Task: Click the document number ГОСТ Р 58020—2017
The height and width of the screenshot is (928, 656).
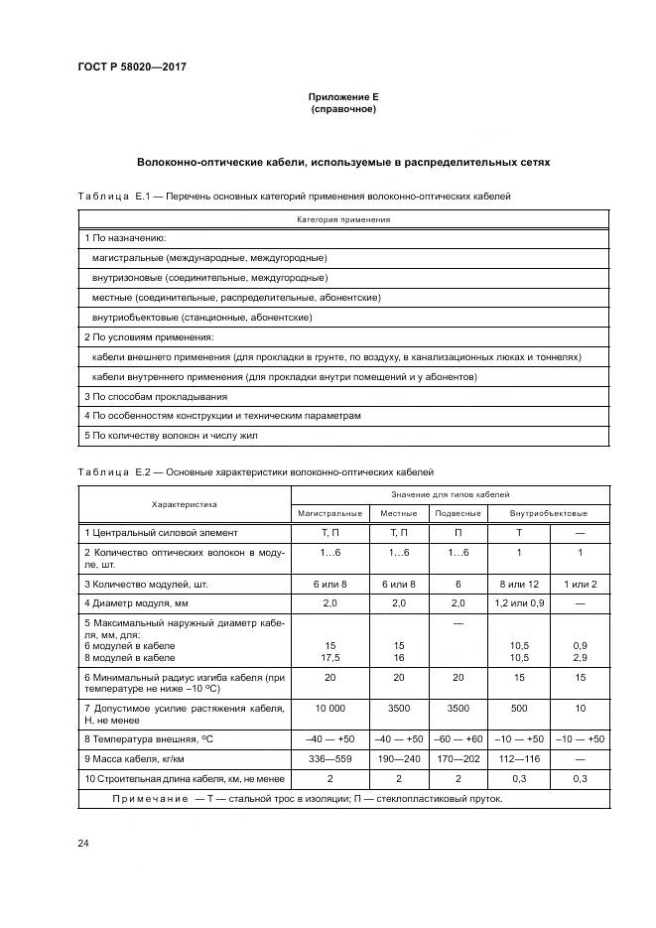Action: (131, 67)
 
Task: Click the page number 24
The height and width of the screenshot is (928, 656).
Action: (83, 843)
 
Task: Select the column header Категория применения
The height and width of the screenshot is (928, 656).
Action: (343, 219)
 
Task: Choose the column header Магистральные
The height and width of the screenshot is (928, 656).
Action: (329, 513)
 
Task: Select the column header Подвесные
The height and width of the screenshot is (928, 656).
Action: (458, 513)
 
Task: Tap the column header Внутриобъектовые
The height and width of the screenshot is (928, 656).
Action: (548, 513)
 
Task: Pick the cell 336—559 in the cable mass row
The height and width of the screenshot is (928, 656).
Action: (329, 757)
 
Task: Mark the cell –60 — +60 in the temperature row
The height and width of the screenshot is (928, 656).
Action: (458, 738)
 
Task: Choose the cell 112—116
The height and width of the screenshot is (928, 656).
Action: (520, 757)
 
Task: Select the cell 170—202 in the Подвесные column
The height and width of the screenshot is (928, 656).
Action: (458, 757)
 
